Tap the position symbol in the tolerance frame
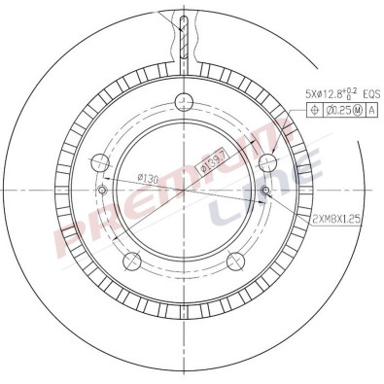pos(314,111)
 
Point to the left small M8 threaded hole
pos(100,191)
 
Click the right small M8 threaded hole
pos(265,191)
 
